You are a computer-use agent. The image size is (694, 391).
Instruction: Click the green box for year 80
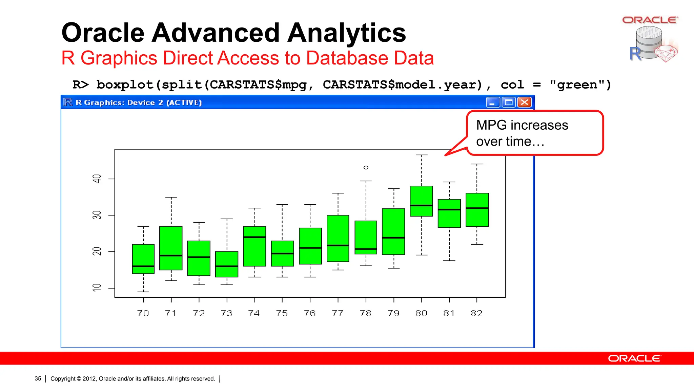421,201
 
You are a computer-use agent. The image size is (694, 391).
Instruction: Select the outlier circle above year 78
366,167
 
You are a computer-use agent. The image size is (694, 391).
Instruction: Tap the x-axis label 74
254,313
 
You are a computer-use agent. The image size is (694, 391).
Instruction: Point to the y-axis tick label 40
97,179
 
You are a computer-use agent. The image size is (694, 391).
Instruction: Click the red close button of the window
525,102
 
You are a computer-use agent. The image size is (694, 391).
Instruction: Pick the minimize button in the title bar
492,102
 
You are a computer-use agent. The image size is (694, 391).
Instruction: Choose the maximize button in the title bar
509,102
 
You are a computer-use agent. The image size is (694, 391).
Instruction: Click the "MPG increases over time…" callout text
522,133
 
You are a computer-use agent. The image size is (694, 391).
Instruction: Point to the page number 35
38,378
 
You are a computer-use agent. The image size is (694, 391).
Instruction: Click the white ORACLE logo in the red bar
634,358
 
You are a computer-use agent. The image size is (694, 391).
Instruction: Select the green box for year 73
227,264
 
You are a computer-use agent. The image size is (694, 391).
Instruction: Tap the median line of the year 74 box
254,237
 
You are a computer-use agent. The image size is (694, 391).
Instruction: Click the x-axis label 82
476,313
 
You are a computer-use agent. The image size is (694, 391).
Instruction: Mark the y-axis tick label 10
97,288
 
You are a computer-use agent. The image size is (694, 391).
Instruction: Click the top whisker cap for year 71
171,197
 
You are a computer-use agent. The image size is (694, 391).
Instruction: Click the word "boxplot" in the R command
125,85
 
